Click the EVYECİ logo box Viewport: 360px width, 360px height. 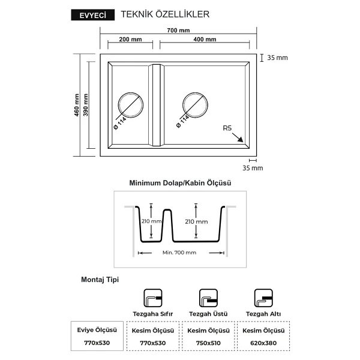[x=93, y=15]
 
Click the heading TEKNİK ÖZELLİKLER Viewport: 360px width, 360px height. [x=165, y=14]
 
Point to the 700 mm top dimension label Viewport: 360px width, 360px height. [x=178, y=31]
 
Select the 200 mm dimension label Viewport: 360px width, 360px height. [x=130, y=39]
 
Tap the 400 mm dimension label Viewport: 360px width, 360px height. [x=205, y=39]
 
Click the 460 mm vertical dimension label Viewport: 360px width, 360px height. [x=77, y=105]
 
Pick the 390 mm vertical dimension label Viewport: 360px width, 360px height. [x=86, y=105]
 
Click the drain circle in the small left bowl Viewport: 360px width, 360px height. [x=131, y=92]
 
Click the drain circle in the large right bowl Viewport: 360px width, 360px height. [x=196, y=92]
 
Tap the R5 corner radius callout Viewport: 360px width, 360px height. [x=227, y=128]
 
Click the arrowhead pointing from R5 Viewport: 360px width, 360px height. [x=241, y=140]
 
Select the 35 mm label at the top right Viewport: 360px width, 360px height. [x=277, y=58]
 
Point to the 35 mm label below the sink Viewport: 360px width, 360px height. [x=253, y=168]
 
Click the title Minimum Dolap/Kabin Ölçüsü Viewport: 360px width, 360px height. [x=180, y=183]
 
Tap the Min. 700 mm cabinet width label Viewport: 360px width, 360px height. [x=179, y=253]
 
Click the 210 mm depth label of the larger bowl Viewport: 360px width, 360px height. [x=196, y=221]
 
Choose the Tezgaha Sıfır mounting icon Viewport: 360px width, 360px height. [x=153, y=298]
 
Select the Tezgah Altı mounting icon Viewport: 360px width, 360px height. [x=263, y=298]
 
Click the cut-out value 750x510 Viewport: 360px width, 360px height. [x=208, y=343]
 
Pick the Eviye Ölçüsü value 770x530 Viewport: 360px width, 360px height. [x=97, y=343]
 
